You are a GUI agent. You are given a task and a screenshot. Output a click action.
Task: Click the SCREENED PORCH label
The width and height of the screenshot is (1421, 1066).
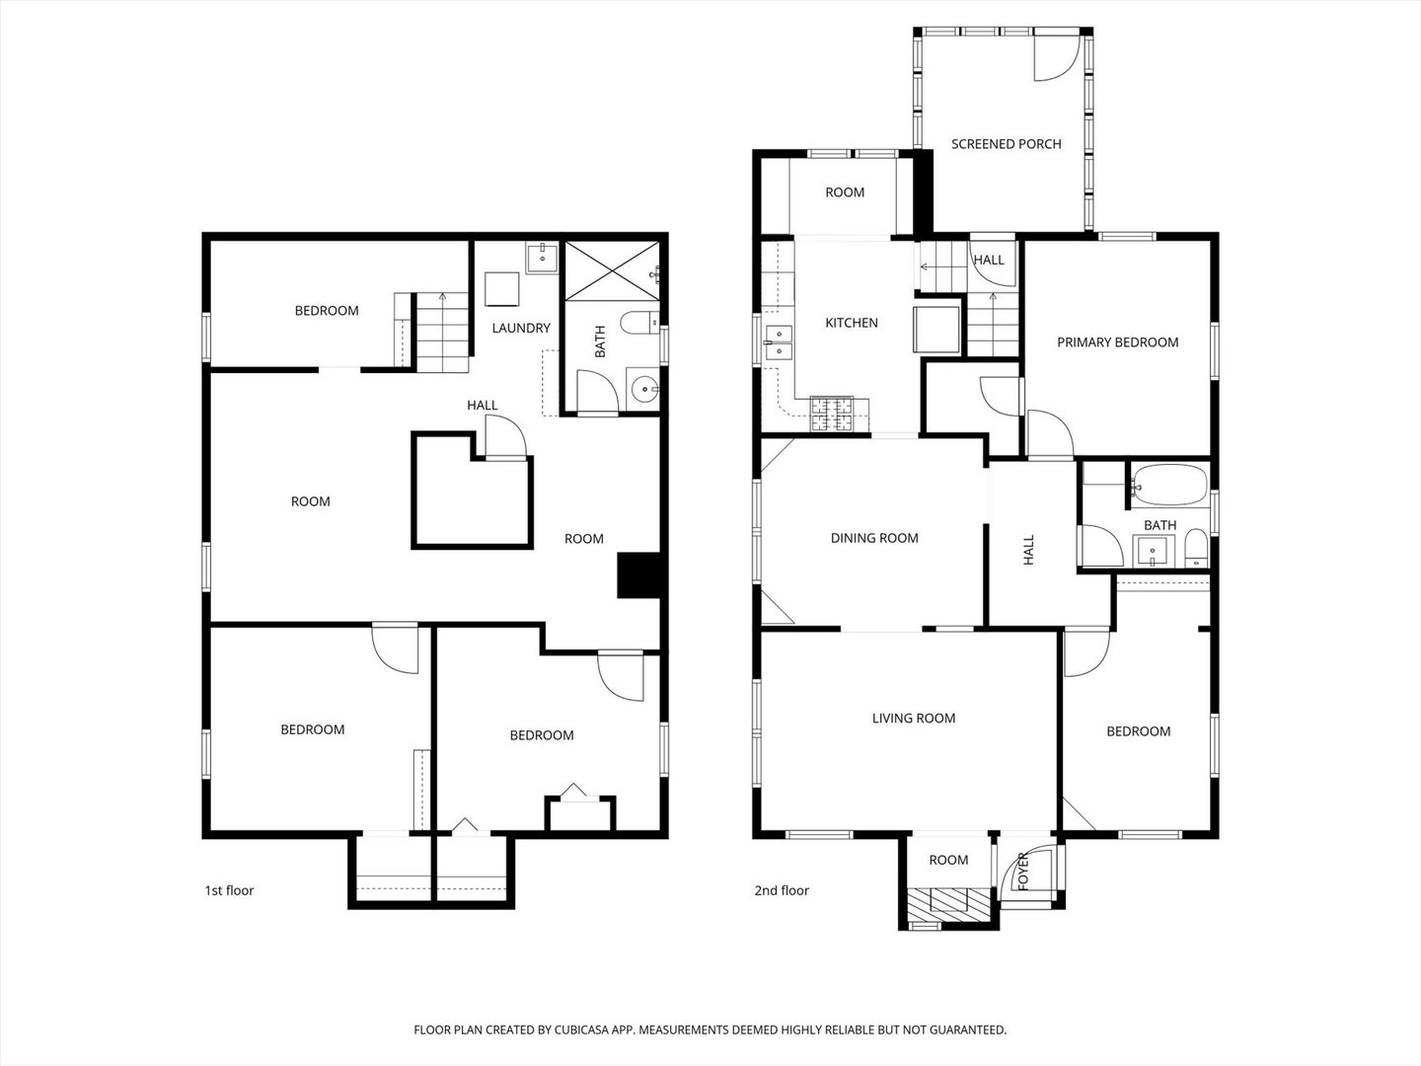[1006, 144]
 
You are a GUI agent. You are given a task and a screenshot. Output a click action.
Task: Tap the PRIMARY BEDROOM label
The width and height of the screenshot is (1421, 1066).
[1117, 343]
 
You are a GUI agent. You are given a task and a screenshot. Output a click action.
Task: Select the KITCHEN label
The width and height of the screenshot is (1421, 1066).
[852, 323]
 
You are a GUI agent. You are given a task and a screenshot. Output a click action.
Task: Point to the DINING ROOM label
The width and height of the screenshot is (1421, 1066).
[874, 538]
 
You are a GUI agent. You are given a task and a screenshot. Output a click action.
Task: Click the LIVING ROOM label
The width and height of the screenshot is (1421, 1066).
[914, 718]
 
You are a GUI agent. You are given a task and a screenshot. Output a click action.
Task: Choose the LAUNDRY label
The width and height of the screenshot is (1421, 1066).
[520, 328]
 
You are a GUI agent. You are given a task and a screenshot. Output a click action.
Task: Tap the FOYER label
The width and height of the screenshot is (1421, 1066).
[1023, 872]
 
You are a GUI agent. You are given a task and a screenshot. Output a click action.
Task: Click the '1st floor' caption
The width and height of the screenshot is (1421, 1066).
[229, 890]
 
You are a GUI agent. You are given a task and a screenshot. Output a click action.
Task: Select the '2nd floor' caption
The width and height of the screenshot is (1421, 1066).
[782, 890]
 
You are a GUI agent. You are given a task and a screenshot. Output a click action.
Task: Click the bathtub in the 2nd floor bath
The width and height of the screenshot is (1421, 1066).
[1169, 486]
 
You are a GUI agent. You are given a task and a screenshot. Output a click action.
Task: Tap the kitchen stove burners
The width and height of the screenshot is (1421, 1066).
[832, 414]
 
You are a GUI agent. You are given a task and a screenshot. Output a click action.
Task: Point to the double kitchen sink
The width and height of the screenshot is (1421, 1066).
[779, 343]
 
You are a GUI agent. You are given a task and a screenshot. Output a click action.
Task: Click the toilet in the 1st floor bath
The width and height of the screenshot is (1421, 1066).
[639, 323]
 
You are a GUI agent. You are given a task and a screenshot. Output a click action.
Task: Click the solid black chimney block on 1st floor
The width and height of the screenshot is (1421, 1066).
[638, 574]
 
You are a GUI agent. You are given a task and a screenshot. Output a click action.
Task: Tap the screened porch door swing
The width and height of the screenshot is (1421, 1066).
[1056, 57]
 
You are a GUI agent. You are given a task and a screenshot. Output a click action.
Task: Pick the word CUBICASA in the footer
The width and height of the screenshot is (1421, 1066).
[581, 1029]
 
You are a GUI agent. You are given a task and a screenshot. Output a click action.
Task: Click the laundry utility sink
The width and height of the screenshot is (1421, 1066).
[542, 259]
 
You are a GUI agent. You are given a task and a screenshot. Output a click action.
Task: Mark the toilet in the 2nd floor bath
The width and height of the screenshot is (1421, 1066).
[1196, 548]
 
